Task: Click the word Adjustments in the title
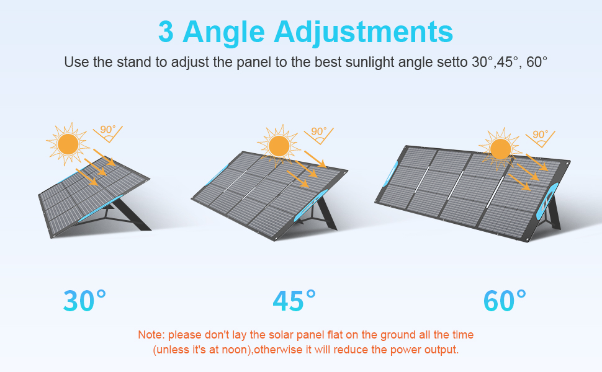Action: pos(363,32)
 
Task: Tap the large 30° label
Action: pos(84,301)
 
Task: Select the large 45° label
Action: pos(294,301)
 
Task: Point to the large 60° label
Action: pos(505,301)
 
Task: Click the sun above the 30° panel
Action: pos(68,144)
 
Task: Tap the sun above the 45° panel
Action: pos(279,146)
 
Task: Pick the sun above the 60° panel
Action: pos(500,149)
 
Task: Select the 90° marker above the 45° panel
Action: pos(318,135)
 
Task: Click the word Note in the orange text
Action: pos(151,335)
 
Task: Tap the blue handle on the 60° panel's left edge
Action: pos(391,174)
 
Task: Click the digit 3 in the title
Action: pos(166,32)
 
